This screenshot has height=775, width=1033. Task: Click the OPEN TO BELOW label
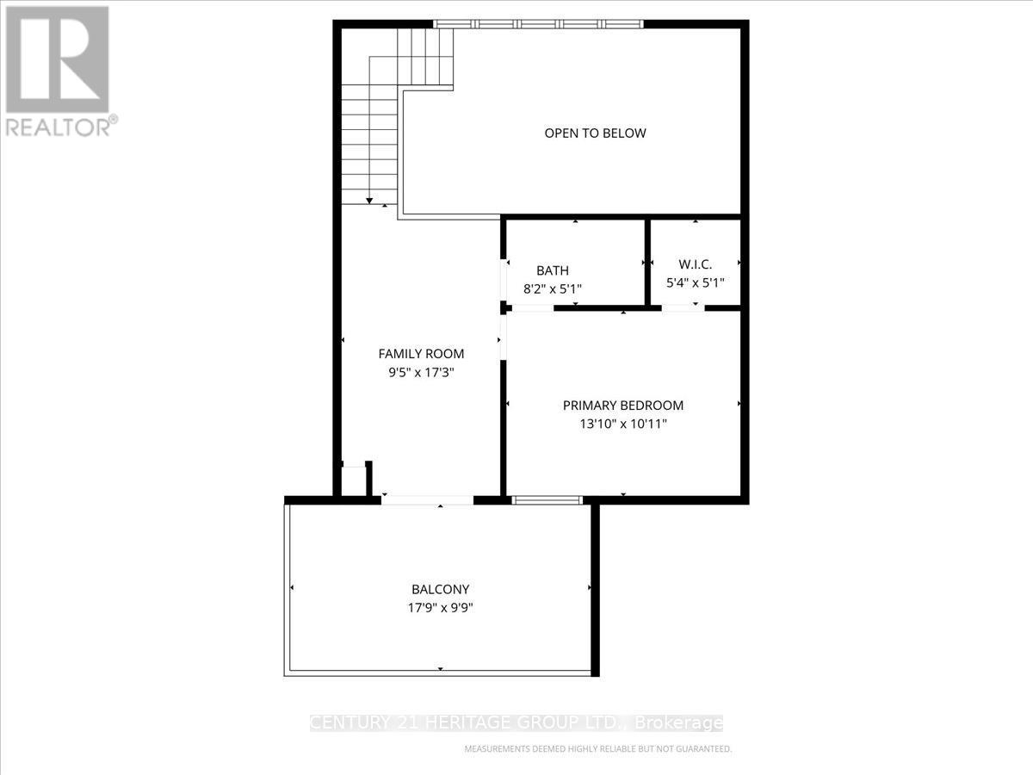(595, 133)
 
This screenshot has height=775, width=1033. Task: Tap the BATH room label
(552, 270)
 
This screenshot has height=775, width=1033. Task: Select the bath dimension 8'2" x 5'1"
(552, 289)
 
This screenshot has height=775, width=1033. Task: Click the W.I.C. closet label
(695, 264)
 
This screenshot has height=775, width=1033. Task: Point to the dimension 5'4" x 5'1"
(695, 282)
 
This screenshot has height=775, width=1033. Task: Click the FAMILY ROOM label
(421, 354)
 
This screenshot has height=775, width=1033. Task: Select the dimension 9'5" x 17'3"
(421, 373)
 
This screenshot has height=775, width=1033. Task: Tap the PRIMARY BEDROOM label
(622, 406)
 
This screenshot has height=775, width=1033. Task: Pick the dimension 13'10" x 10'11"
(622, 424)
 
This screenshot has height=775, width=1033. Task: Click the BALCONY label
(440, 590)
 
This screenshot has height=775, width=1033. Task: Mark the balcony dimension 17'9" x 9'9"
(440, 608)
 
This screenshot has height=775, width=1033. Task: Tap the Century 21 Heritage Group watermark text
(516, 723)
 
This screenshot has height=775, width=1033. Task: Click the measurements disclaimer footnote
(598, 749)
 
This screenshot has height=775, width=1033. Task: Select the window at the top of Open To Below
(539, 24)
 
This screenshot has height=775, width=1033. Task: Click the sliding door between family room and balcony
(428, 499)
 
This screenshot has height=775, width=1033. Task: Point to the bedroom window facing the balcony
(547, 499)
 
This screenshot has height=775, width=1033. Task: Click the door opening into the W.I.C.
(683, 307)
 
